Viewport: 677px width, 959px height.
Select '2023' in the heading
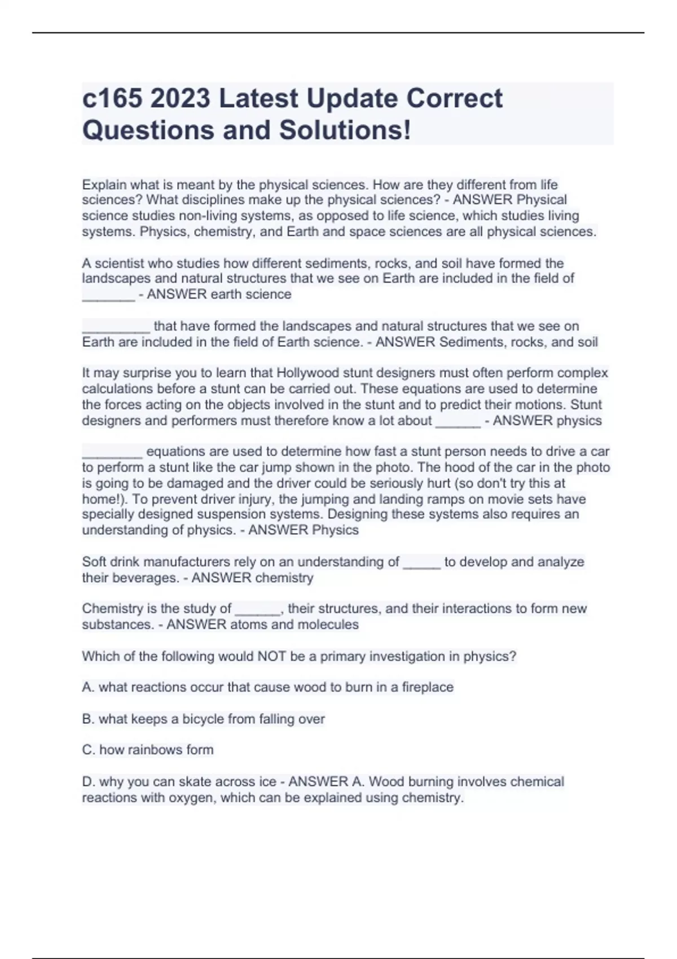point(181,99)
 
